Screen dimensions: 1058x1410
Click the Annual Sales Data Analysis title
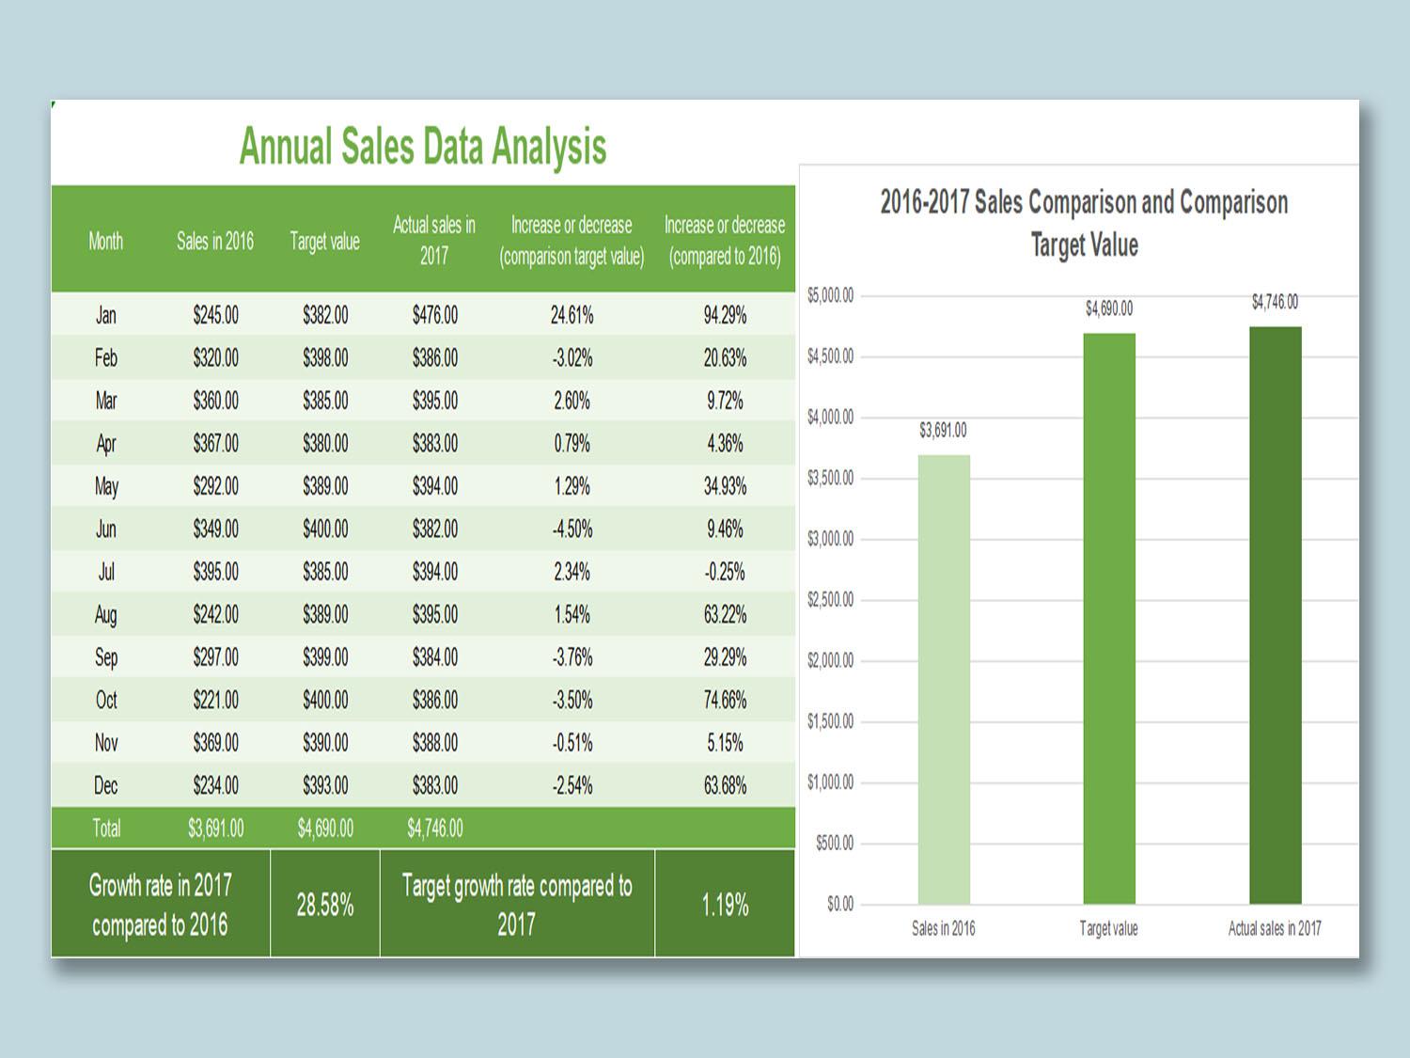click(x=423, y=147)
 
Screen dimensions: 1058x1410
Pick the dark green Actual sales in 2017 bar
click(x=1275, y=615)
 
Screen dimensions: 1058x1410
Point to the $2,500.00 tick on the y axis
click(x=831, y=600)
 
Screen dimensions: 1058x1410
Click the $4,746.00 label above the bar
click(x=1275, y=302)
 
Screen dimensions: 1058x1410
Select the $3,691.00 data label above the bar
click(x=943, y=431)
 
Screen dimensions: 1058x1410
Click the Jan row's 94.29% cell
click(x=725, y=315)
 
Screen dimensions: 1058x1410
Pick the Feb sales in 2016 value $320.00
click(x=215, y=358)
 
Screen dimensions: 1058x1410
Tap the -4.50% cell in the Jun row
click(x=572, y=529)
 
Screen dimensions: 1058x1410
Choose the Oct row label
click(x=106, y=701)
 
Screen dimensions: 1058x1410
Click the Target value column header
click(x=324, y=242)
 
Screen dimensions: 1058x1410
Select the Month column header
click(x=106, y=242)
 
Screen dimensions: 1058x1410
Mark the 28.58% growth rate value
click(x=325, y=906)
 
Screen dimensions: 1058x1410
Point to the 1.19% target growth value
click(x=725, y=906)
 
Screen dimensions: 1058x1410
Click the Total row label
click(x=106, y=829)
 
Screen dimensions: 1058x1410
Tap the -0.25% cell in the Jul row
click(x=725, y=572)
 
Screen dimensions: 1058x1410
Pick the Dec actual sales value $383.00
click(x=434, y=785)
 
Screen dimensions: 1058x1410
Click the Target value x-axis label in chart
click(x=1108, y=929)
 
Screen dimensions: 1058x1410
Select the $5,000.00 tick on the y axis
click(x=831, y=296)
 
